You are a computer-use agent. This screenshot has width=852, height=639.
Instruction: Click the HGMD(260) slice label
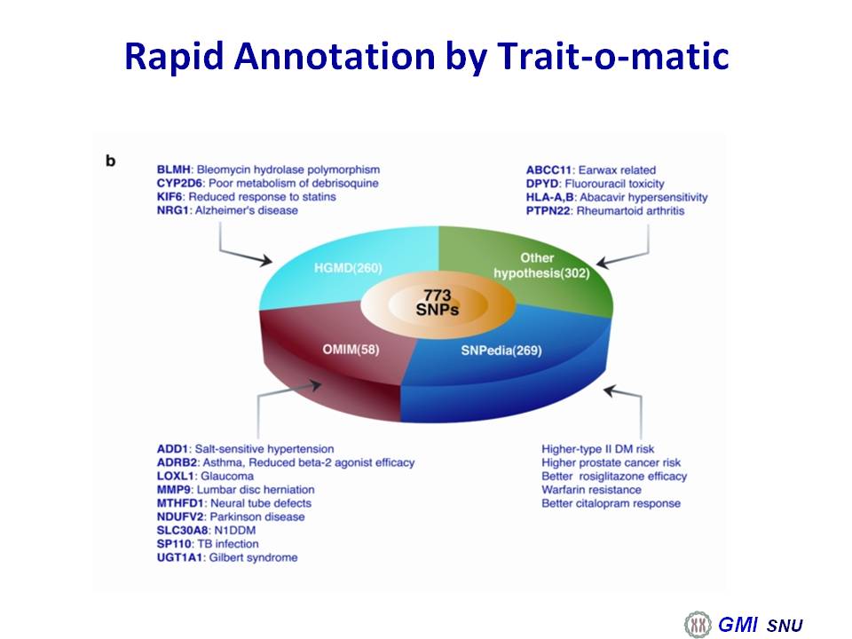(348, 268)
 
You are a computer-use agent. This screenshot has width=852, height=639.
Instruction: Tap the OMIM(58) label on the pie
(351, 349)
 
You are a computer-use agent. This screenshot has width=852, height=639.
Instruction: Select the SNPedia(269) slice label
(501, 351)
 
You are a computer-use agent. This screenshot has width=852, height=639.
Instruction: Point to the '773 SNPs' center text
(438, 303)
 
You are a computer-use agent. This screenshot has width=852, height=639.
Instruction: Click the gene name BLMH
(173, 170)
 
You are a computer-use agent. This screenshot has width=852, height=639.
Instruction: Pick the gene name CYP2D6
(179, 183)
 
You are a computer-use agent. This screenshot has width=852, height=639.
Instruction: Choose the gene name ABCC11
(548, 170)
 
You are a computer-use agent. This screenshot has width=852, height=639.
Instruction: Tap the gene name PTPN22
(548, 211)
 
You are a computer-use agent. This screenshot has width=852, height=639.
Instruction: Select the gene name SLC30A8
(182, 531)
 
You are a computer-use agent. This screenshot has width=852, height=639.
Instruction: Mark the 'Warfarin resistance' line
(591, 490)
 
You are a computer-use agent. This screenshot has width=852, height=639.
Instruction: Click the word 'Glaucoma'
(227, 476)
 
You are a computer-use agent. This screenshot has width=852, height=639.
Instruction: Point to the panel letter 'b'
(110, 161)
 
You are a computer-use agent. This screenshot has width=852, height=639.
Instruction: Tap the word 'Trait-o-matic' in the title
(612, 56)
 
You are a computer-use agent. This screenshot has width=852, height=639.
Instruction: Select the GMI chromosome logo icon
(698, 624)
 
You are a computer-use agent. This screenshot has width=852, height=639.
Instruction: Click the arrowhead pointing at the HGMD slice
(265, 260)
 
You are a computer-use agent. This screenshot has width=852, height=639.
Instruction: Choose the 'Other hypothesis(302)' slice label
(541, 265)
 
